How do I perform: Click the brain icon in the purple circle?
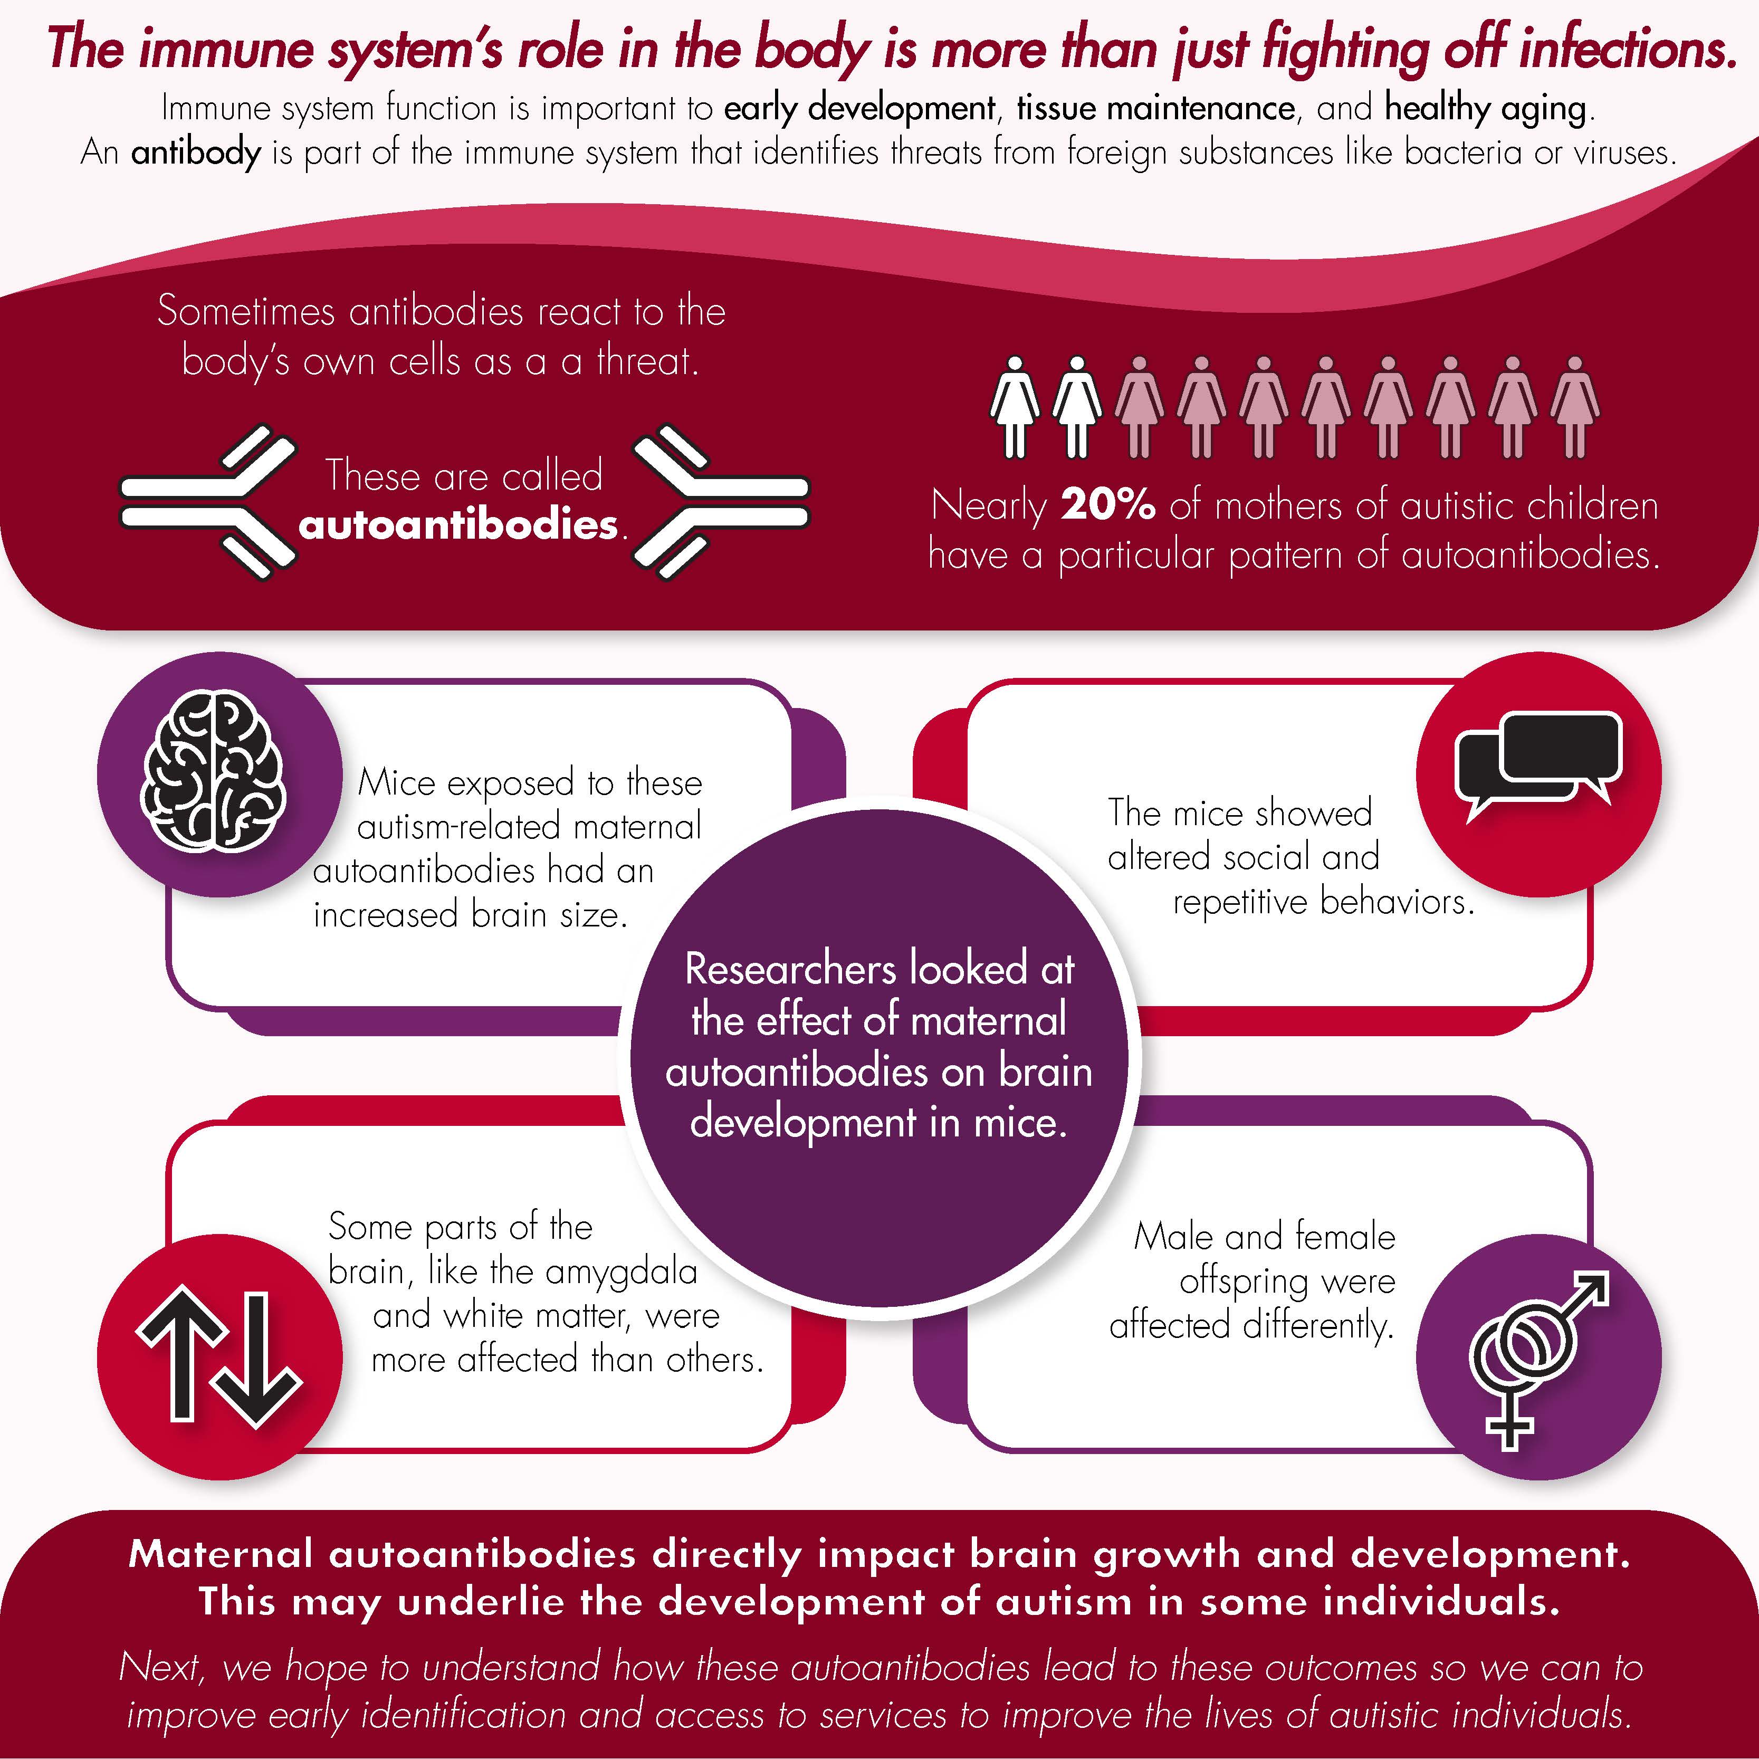click(215, 772)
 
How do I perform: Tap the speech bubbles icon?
click(1538, 765)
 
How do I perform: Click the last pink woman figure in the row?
click(1574, 406)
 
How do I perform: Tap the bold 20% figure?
click(1108, 505)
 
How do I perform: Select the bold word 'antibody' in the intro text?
click(196, 151)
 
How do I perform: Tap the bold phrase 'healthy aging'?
click(1485, 108)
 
